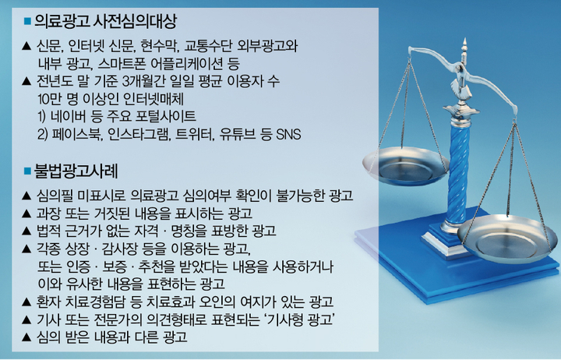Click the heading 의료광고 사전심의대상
(105, 22)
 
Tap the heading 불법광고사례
(76, 171)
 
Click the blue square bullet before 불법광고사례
(27, 171)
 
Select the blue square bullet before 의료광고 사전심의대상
(27, 22)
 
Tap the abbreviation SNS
(289, 135)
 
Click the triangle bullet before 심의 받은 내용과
(26, 337)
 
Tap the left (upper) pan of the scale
(406, 165)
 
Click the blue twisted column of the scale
(458, 171)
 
